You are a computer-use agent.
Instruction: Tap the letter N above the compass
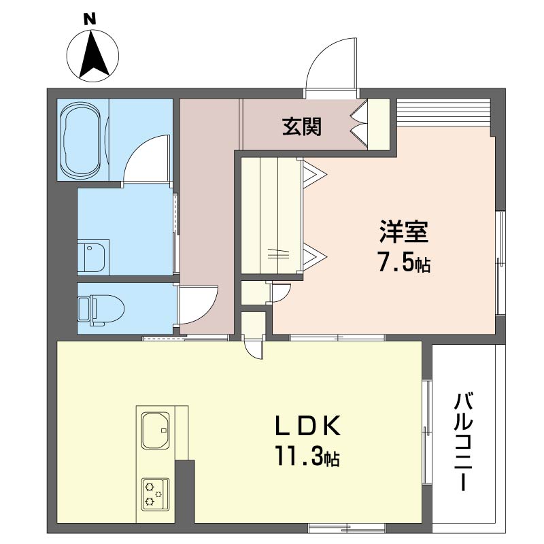(x=89, y=19)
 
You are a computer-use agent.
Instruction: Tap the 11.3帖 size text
(x=307, y=456)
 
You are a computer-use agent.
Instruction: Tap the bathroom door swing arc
(x=146, y=160)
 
